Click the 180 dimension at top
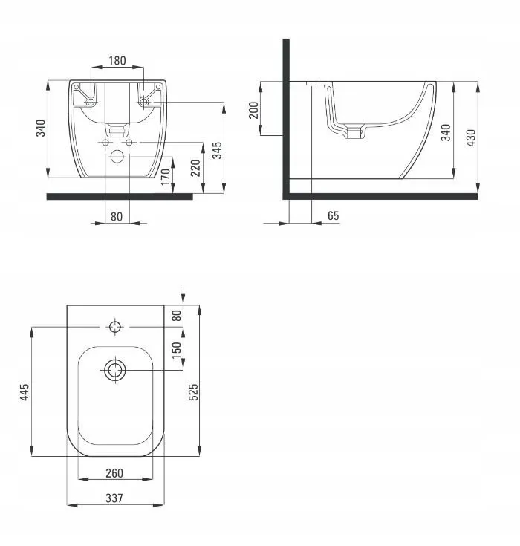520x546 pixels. [117, 61]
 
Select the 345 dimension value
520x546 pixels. [217, 150]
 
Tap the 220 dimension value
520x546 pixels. [195, 168]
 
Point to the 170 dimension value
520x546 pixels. [166, 177]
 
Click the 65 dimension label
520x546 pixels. [333, 215]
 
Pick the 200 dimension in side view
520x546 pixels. [254, 110]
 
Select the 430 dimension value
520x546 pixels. [470, 137]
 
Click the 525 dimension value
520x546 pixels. [193, 392]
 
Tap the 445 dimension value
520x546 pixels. [25, 392]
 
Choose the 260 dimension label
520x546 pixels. [114, 473]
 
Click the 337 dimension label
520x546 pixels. [114, 498]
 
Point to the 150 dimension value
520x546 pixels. [177, 350]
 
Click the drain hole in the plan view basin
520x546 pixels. [115, 370]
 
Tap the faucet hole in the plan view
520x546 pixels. [115, 327]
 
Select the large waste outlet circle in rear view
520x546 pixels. [117, 156]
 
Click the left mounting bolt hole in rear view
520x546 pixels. [91, 102]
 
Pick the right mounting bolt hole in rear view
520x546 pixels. [143, 102]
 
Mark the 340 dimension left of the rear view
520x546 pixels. [41, 128]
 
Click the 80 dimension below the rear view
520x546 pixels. [117, 217]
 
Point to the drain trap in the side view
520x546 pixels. [355, 132]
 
